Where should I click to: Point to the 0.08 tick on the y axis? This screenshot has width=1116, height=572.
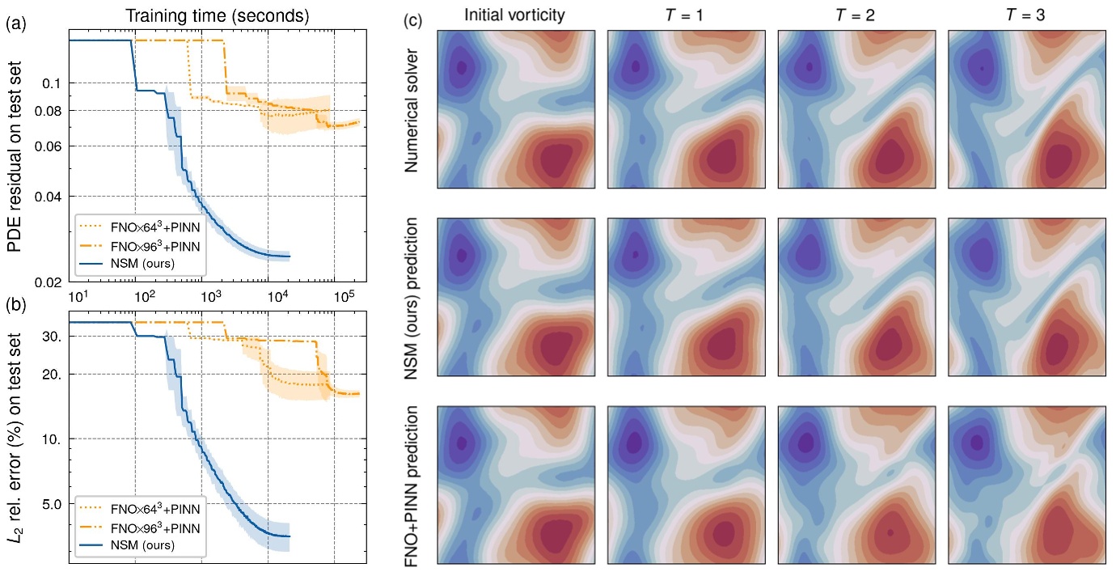click(x=49, y=110)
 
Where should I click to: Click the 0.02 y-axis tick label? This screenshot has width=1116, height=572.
click(x=49, y=282)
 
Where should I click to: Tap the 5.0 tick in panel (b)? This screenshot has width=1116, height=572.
click(x=51, y=503)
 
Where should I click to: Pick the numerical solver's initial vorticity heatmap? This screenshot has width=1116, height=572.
click(x=516, y=109)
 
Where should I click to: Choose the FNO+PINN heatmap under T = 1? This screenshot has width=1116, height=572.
click(x=687, y=483)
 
